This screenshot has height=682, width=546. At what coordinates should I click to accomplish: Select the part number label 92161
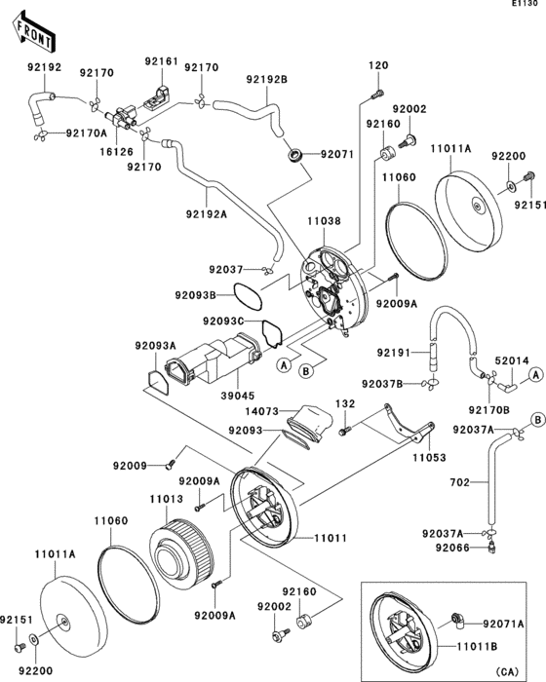(x=162, y=60)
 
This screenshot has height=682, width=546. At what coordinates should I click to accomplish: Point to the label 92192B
(x=266, y=80)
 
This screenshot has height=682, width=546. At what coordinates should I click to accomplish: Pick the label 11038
(x=326, y=222)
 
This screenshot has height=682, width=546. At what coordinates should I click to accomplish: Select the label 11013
(x=166, y=499)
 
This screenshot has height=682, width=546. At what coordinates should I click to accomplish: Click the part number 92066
(x=441, y=549)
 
